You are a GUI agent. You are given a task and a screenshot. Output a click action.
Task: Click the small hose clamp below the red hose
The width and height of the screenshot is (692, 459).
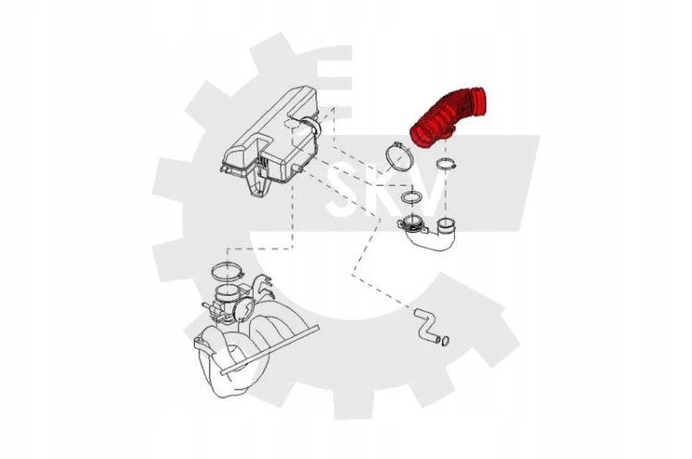coord(446,163)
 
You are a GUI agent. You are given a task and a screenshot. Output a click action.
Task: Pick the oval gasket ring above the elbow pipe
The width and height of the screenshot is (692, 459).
coord(412,197)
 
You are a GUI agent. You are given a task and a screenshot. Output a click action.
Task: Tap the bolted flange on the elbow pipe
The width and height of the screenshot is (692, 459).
coord(412,223)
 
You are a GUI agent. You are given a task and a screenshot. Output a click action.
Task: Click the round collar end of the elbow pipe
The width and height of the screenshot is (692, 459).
coord(447,225)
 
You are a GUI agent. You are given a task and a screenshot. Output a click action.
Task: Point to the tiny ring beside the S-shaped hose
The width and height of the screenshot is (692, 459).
coord(446,341)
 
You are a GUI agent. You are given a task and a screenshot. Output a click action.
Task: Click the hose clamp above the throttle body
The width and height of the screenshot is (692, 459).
coord(228,271)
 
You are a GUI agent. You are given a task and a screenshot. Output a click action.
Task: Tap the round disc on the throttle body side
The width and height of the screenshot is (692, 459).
coord(244,308)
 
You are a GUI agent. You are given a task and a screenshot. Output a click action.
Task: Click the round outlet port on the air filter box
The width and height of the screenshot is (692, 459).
coord(311,126)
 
